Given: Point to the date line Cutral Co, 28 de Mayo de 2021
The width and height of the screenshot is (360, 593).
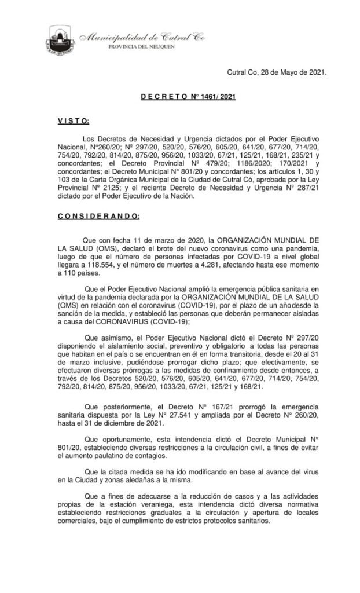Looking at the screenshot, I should point(275,73).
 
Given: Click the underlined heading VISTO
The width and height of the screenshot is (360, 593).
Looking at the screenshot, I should point(73,121).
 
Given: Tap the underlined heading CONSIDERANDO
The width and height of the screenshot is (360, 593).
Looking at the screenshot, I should point(98,216).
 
